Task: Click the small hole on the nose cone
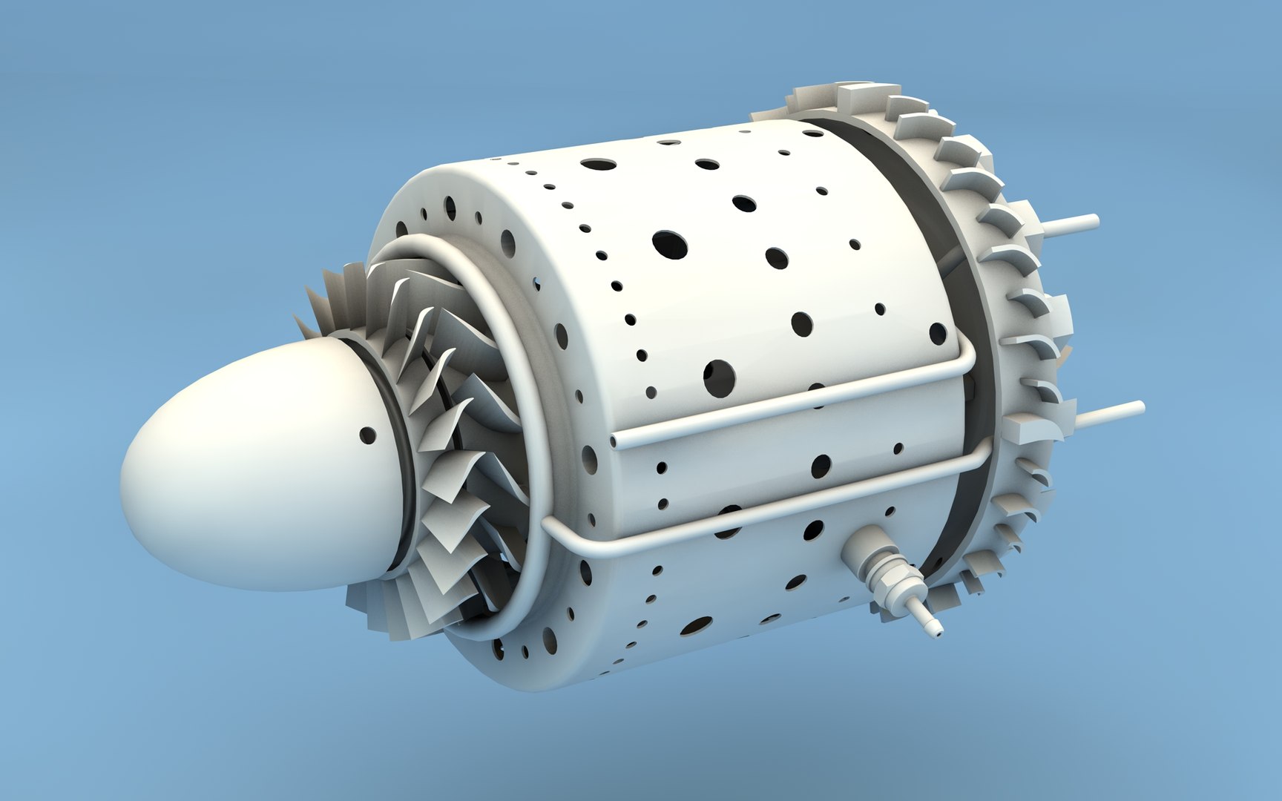(367, 435)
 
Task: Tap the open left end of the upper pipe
(615, 443)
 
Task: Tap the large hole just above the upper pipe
(718, 378)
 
